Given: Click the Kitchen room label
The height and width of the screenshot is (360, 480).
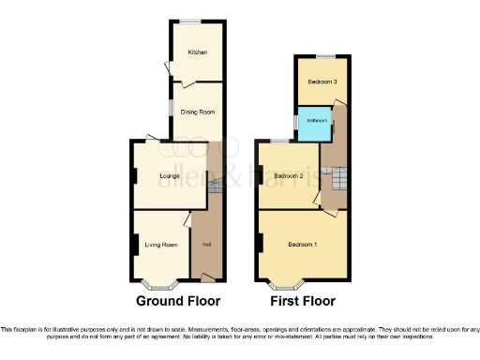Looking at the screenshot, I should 196,52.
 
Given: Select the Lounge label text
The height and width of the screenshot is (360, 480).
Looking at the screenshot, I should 170,175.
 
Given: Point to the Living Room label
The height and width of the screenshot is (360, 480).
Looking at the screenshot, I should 161,245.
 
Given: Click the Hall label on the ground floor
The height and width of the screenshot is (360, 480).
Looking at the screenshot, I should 205,246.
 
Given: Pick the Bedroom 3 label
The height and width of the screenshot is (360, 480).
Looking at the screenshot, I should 322,82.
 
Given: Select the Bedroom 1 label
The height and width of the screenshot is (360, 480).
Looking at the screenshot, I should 302,245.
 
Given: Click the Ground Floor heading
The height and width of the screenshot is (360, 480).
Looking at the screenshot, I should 178,301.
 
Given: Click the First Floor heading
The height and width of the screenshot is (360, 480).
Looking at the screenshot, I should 303,301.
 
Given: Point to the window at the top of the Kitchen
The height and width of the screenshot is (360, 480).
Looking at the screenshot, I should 196,21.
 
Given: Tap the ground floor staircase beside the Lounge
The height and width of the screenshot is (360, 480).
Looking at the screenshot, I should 214,187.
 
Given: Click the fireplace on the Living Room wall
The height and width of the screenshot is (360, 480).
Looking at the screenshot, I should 135,245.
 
